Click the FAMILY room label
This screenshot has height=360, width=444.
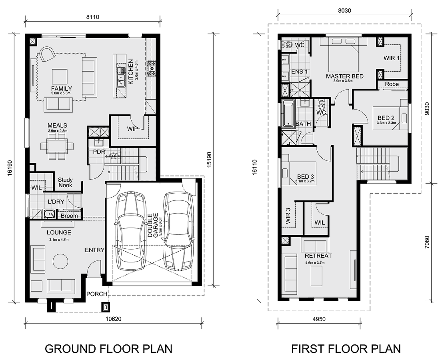[x=61, y=88]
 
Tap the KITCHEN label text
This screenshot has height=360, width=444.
[x=130, y=72]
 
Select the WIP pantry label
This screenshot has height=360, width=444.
[x=132, y=129]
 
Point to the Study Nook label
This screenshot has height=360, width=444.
[x=65, y=183]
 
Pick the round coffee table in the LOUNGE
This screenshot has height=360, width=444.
[x=62, y=261]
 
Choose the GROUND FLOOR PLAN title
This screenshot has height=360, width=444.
[x=108, y=348]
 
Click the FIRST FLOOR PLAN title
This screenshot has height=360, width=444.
[x=346, y=348]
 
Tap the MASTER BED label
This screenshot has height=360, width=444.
[x=344, y=76]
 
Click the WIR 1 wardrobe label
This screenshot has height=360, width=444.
[x=391, y=58]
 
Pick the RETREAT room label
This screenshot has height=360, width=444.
[x=318, y=256]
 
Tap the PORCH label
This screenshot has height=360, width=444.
[x=97, y=294]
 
